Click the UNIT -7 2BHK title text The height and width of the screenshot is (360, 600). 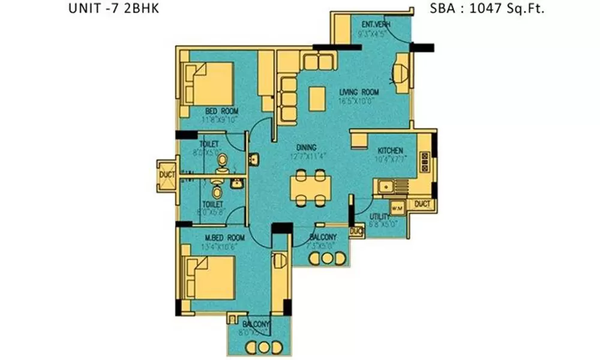click(114, 10)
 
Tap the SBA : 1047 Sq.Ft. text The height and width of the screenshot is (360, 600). click(487, 10)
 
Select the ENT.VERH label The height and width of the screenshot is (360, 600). click(376, 24)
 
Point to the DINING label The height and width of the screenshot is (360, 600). click(306, 148)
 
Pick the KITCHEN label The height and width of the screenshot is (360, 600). click(389, 151)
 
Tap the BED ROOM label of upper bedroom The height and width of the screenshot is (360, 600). click(222, 112)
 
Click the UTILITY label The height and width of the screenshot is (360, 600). click(380, 216)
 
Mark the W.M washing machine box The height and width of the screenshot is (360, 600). click(397, 208)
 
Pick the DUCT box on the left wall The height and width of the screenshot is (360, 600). click(166, 175)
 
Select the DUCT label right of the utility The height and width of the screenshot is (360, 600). click(422, 205)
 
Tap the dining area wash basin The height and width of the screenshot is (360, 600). click(255, 158)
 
